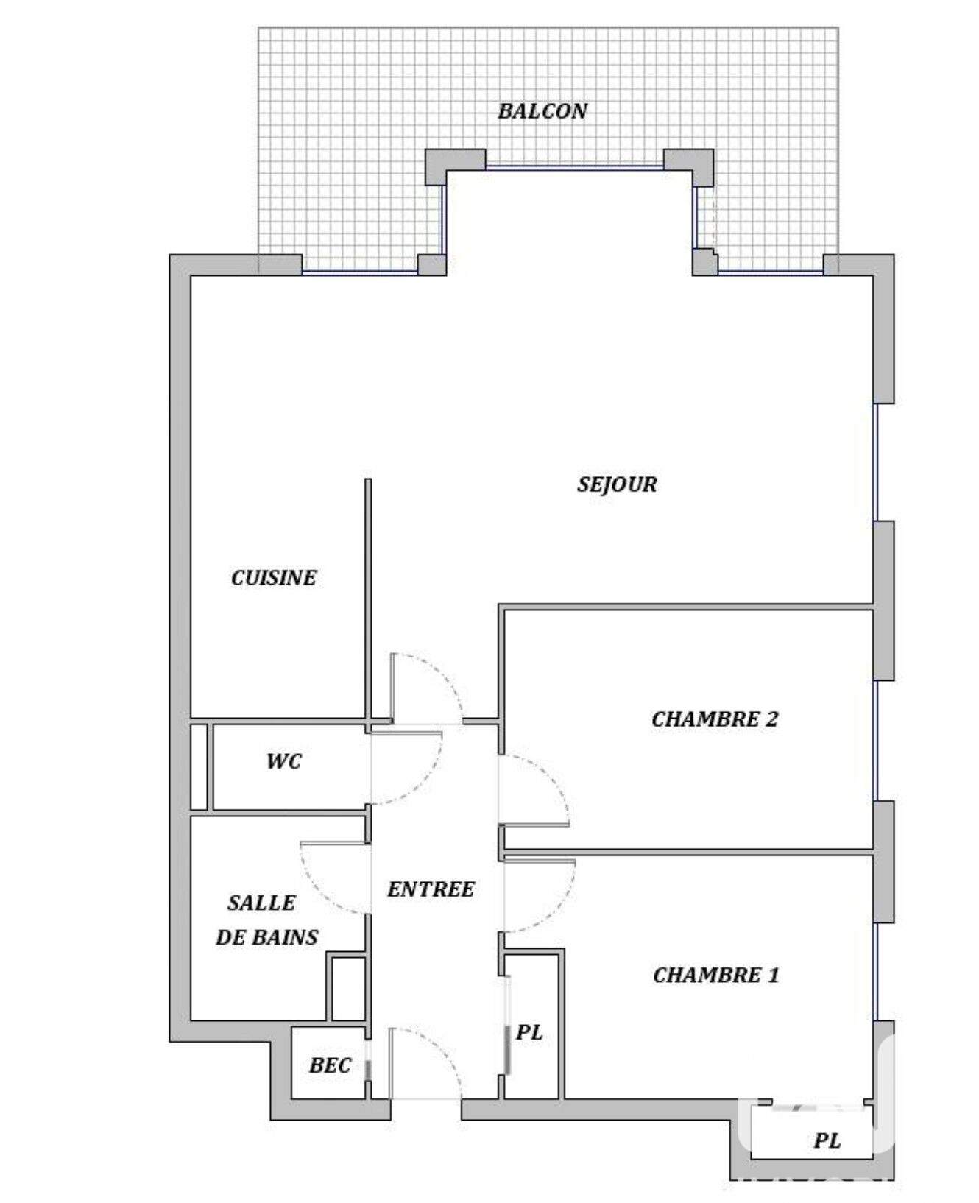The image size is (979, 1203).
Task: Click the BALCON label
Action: [x=542, y=111]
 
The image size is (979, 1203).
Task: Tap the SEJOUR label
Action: [x=617, y=484]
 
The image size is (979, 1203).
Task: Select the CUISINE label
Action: [x=274, y=578]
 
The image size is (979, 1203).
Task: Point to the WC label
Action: [x=284, y=761]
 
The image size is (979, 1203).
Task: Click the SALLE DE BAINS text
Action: [x=266, y=920]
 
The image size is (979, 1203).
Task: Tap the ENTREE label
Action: [x=431, y=889]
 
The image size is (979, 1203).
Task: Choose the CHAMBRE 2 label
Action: [x=715, y=719]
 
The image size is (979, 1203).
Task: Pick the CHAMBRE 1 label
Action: [x=715, y=976]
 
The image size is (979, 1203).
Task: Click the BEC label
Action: [x=330, y=1065]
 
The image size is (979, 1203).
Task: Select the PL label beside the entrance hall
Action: [x=529, y=1033]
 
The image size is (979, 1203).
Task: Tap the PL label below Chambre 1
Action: [x=827, y=1141]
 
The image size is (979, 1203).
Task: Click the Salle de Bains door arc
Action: [x=317, y=887]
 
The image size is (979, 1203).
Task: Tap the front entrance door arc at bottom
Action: [x=442, y=1049]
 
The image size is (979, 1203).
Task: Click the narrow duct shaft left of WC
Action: [x=199, y=767]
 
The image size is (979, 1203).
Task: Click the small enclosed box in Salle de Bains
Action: [x=347, y=988]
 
